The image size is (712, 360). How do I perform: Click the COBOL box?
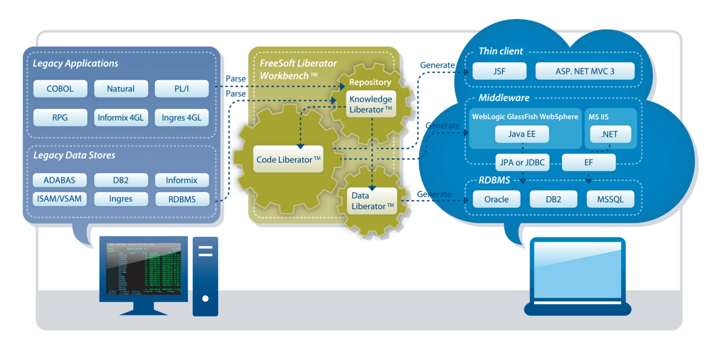click(60, 89)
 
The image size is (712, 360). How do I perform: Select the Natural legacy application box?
click(121, 89)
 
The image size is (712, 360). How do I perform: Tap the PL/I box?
click(182, 89)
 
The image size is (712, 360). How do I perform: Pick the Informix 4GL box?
click(121, 118)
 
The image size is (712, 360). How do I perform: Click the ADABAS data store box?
click(60, 180)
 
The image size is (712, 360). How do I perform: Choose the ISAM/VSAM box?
click(60, 199)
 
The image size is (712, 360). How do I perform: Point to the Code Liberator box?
click(288, 159)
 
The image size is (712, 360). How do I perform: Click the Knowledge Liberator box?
click(371, 104)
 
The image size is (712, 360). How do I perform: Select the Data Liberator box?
click(371, 201)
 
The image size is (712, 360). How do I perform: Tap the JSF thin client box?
click(499, 71)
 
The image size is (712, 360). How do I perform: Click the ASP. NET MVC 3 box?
click(585, 71)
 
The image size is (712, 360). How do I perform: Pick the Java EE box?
click(522, 134)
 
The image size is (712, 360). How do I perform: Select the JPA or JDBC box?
click(522, 162)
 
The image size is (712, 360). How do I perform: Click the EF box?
click(588, 162)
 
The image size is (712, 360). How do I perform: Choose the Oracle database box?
click(497, 199)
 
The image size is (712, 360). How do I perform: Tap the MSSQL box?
click(610, 199)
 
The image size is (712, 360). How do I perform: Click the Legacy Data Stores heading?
click(74, 155)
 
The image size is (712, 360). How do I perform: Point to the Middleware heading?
click(504, 98)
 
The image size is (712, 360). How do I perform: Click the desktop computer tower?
click(205, 276)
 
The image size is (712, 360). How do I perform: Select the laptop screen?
click(578, 271)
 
